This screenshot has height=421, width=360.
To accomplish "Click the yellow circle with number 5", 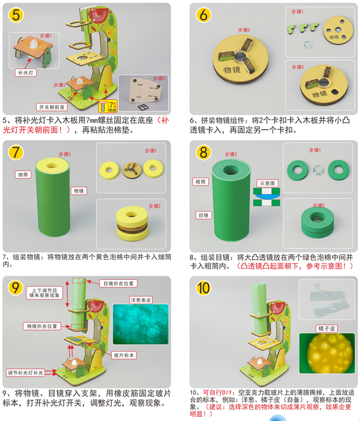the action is pos(16,15).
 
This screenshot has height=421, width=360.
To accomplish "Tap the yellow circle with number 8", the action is pos(203,152).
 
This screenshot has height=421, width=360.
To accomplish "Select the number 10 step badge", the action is pos(203,288).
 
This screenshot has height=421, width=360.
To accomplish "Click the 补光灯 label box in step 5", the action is pos(25,72).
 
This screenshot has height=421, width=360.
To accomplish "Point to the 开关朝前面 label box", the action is pos(52,107).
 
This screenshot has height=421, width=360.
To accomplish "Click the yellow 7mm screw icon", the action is pos(108,106).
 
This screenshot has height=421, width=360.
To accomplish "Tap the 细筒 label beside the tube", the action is pos(23,175).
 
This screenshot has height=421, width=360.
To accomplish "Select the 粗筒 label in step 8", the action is pos(200,182).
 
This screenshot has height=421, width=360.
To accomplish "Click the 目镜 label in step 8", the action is pos(204,215).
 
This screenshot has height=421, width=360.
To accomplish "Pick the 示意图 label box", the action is pos(267,183).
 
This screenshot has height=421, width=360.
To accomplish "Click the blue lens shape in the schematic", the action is pos(266,196).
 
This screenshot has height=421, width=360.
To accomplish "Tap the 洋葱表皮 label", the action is pos(141,300).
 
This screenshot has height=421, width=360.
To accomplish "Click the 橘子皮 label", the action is pos(326,328).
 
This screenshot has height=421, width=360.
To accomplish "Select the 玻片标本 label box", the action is pos(124,355).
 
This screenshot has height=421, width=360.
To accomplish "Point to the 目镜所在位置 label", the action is pos(119,284).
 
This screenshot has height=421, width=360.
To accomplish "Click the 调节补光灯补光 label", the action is pos(25,373).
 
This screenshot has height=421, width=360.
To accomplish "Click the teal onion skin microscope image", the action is pos(141,324).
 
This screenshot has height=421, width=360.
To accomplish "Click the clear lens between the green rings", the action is pos(319,170).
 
